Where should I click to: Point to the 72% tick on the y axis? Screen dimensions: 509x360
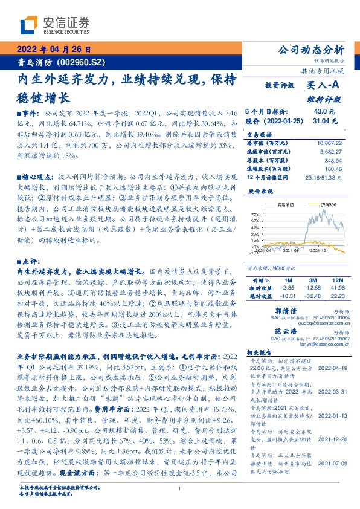pyautogui.click(x=255, y=215)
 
